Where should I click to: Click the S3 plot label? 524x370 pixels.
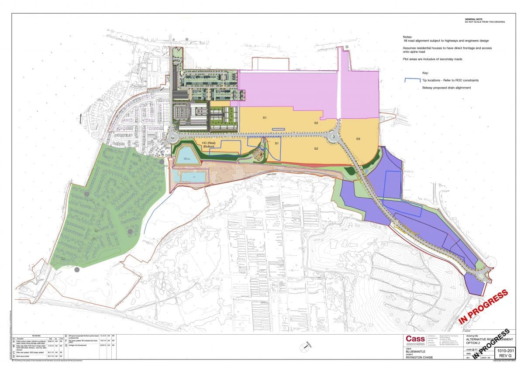point(358,139)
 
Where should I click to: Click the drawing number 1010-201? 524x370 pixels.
point(506,350)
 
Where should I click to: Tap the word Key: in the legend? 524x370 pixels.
point(425,73)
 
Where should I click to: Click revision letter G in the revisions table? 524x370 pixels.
point(65,345)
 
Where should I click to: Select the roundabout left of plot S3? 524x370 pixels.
point(334,136)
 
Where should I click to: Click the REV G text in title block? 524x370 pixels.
point(506,356)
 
